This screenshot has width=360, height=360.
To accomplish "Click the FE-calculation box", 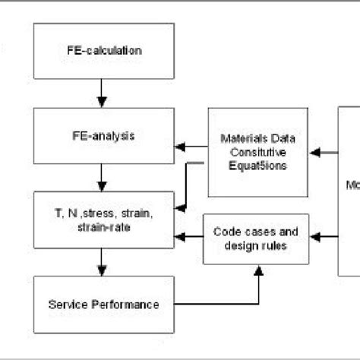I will [103, 52].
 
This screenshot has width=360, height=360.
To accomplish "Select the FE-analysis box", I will [103, 137].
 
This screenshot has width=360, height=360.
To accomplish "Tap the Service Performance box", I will [103, 305].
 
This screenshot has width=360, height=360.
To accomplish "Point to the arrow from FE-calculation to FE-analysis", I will [103, 94].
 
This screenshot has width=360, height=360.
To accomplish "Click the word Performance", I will [131, 305].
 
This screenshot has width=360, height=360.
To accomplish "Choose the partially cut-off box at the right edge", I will [349, 190].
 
